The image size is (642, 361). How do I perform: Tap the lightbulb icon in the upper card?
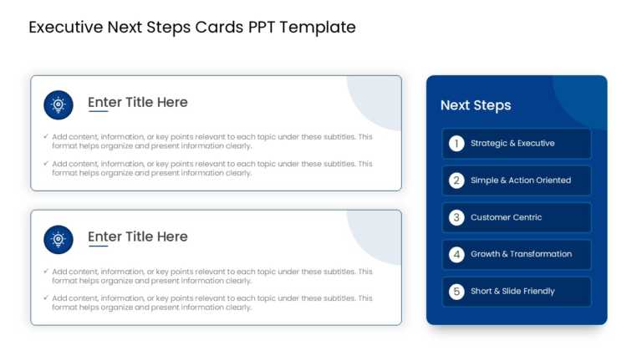[59, 105]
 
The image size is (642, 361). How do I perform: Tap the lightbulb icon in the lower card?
[59, 240]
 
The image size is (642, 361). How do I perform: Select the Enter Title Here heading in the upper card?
[138, 102]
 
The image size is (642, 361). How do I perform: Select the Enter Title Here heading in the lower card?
[138, 236]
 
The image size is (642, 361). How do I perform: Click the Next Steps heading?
[476, 105]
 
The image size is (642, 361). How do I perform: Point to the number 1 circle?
[456, 144]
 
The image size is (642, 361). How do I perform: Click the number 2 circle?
[456, 180]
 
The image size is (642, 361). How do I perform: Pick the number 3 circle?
[456, 217]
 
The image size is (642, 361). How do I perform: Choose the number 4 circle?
[456, 254]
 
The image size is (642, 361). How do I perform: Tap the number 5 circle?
[456, 292]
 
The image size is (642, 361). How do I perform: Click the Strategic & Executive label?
[512, 144]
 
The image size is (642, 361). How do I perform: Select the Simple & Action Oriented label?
[521, 180]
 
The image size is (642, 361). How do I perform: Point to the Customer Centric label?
[506, 217]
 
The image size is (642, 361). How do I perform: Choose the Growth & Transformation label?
[521, 254]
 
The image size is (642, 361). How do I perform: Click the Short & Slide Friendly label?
[512, 292]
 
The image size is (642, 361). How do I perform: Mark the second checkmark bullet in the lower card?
[46, 298]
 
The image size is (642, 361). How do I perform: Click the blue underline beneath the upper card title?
[99, 111]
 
